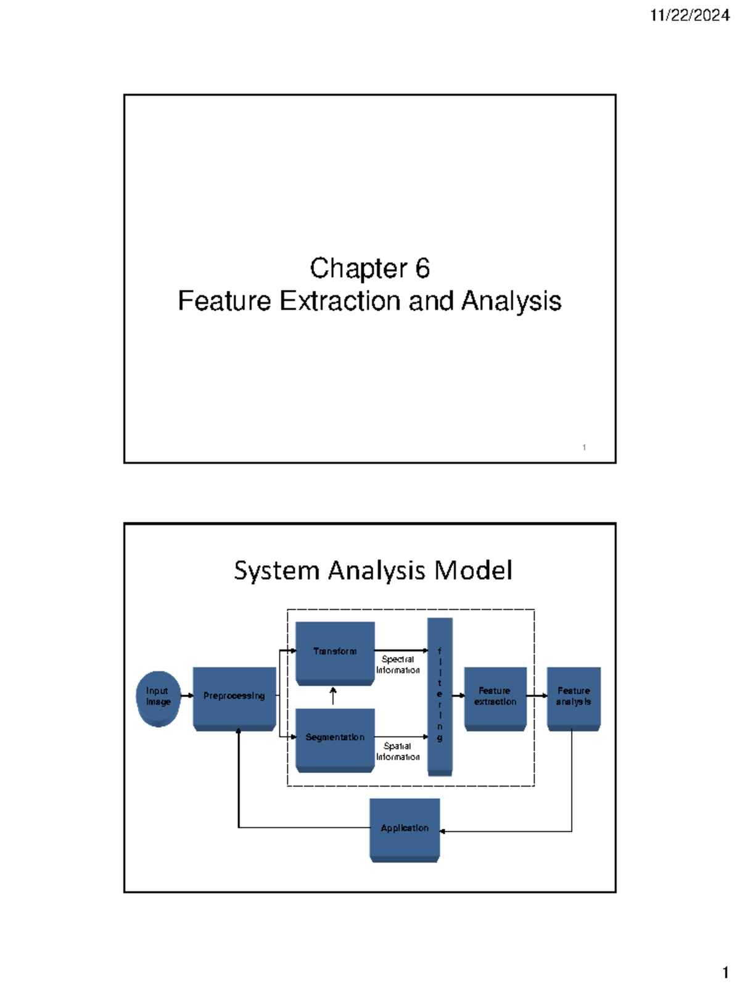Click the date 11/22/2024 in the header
(x=689, y=15)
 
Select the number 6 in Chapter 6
(x=422, y=268)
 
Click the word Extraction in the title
(x=341, y=301)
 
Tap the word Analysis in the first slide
(x=511, y=301)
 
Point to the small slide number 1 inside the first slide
(x=584, y=447)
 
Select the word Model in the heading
(x=473, y=571)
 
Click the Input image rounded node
(x=158, y=697)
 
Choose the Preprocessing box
(x=234, y=697)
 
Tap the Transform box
(x=335, y=652)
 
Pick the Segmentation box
(x=335, y=738)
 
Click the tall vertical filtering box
(x=440, y=696)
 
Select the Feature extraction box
(x=495, y=697)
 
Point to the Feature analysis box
(x=573, y=697)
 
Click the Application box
(x=405, y=828)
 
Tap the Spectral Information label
(x=398, y=664)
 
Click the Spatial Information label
(x=398, y=751)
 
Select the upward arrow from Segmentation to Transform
(x=333, y=696)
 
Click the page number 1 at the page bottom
(x=725, y=973)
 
